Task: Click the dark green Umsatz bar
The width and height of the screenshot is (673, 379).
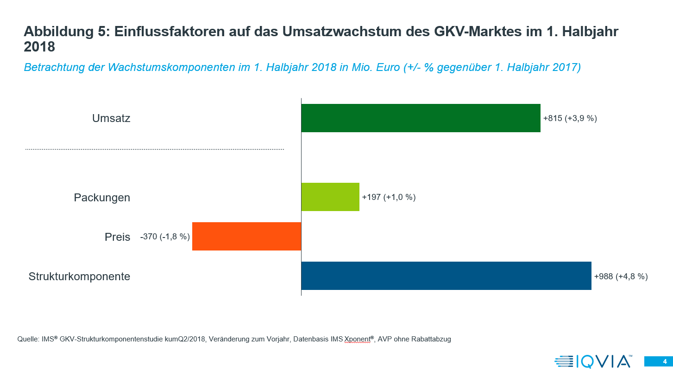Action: click(x=421, y=118)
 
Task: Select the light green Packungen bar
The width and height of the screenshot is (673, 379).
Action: click(x=330, y=197)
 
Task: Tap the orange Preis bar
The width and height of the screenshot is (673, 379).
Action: click(x=246, y=237)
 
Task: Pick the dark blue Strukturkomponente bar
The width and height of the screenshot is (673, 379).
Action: click(x=446, y=276)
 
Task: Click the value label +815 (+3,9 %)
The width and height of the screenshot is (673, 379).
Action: click(x=570, y=118)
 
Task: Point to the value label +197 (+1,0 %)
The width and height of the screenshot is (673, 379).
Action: click(x=389, y=197)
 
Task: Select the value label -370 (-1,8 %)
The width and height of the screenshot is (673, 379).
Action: click(x=165, y=237)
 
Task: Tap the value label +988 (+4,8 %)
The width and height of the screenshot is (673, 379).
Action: click(x=621, y=276)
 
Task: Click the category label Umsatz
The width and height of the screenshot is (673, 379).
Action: click(x=111, y=118)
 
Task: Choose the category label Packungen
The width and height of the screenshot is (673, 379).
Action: click(x=102, y=198)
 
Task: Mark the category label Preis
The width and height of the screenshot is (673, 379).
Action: click(x=117, y=237)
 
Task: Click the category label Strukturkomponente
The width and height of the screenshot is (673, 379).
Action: click(x=79, y=276)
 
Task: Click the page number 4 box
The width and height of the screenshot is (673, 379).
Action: click(x=658, y=361)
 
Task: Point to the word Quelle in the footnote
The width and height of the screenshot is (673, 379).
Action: click(x=27, y=339)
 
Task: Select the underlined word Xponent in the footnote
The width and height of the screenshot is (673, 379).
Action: click(x=358, y=339)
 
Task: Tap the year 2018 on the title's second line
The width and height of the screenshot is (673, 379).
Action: click(x=39, y=47)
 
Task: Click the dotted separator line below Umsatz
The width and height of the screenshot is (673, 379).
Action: click(x=154, y=149)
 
